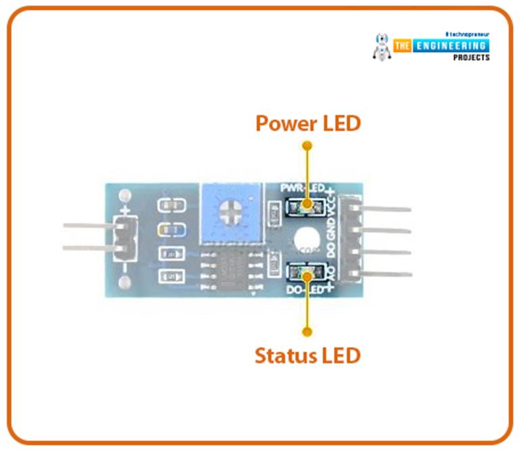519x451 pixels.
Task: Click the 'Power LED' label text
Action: (x=307, y=124)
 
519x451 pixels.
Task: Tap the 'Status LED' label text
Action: (x=307, y=355)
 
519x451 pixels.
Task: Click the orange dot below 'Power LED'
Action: (x=307, y=145)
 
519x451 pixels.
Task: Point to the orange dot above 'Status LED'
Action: (x=307, y=331)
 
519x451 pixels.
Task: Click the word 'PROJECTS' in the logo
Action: (x=471, y=57)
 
